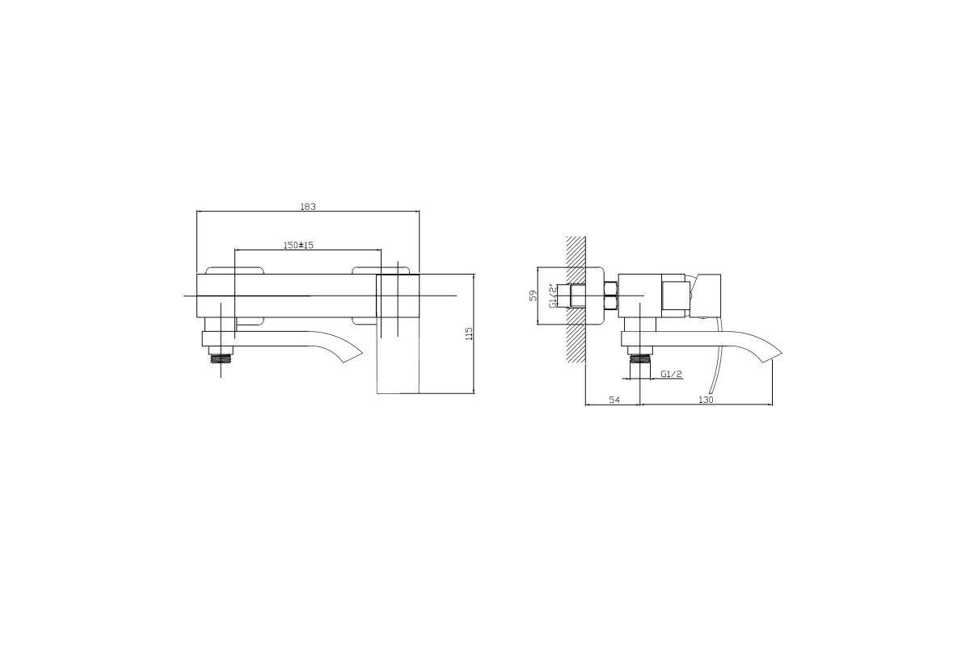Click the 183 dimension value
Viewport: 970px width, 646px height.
(x=308, y=207)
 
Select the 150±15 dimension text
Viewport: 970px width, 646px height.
(x=298, y=245)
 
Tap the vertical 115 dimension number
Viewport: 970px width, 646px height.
(x=469, y=333)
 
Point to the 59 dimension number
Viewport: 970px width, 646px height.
(x=533, y=296)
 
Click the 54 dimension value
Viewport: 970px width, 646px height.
(x=614, y=400)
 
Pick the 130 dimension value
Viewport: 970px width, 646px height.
(x=706, y=400)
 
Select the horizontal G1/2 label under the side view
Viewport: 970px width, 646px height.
(x=672, y=374)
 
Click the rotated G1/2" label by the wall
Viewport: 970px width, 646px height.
(x=553, y=296)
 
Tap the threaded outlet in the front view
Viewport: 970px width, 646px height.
(x=221, y=359)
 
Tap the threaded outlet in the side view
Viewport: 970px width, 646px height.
(x=640, y=359)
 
